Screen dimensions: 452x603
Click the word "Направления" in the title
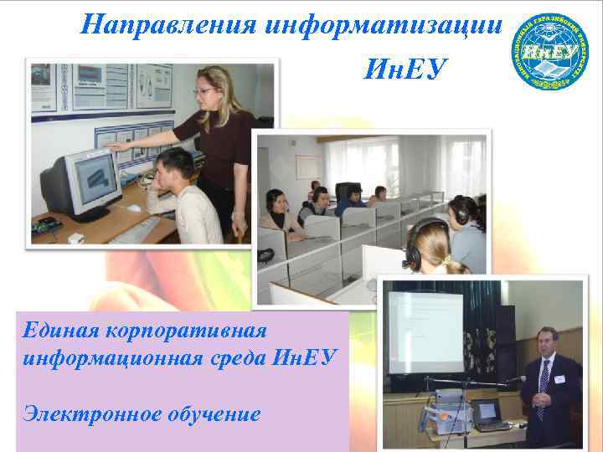(x=168, y=25)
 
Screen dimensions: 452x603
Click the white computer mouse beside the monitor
(x=134, y=207)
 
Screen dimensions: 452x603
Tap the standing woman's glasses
(x=204, y=90)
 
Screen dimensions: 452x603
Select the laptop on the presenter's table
(x=489, y=414)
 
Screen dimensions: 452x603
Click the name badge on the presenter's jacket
(x=560, y=379)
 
